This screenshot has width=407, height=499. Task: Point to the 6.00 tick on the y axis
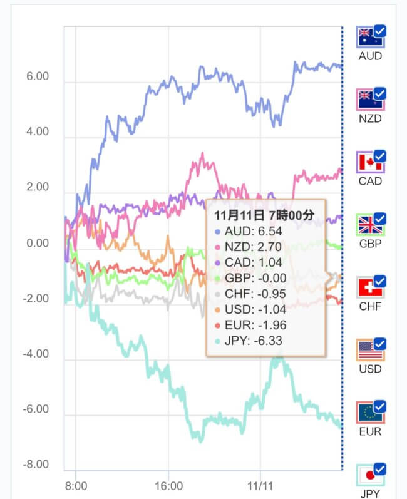[x=37, y=76]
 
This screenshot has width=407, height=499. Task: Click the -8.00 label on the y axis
[x=36, y=465]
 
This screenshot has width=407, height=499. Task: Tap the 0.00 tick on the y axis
[x=37, y=243]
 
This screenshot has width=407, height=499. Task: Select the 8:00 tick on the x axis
[x=75, y=485]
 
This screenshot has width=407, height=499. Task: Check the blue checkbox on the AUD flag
[x=379, y=31]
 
